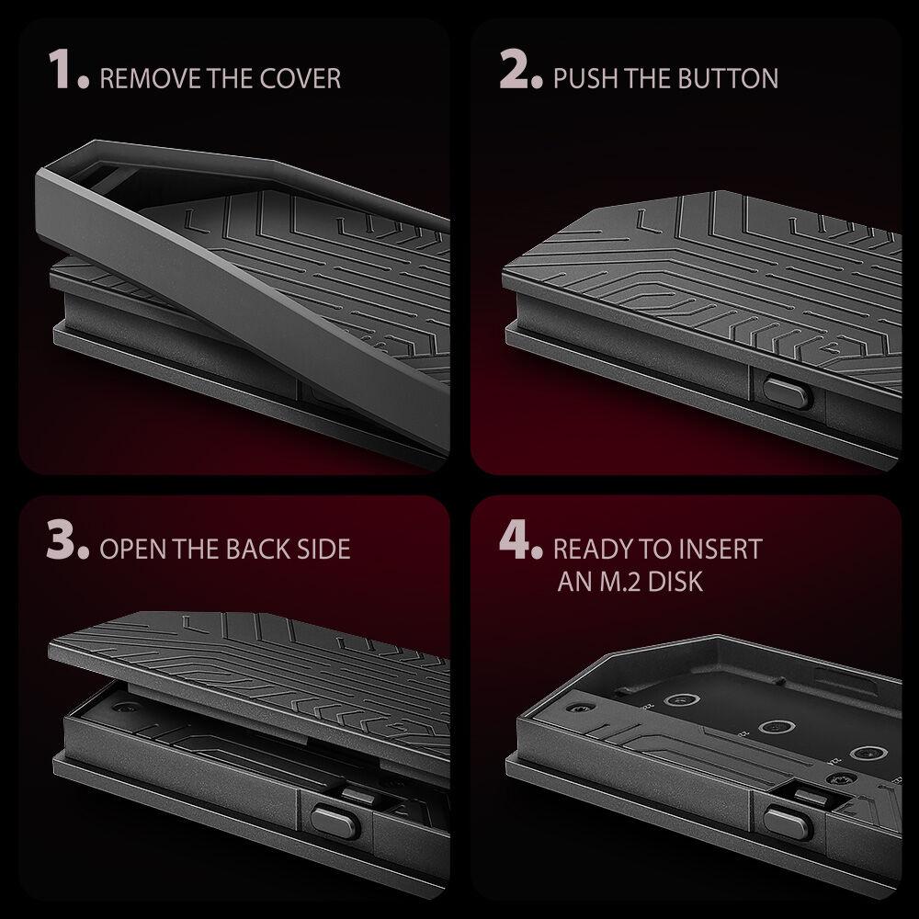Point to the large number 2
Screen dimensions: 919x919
pyautogui.click(x=517, y=71)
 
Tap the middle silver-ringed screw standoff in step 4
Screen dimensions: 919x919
pyautogui.click(x=777, y=726)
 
